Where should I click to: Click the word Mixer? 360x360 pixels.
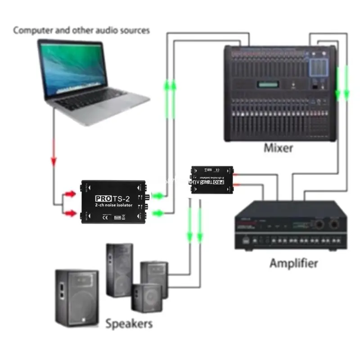(279, 148)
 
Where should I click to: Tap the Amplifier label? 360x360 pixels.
(293, 263)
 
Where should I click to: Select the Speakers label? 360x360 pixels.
(129, 323)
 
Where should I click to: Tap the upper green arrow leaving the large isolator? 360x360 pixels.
(158, 196)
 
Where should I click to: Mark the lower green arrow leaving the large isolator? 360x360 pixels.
(158, 213)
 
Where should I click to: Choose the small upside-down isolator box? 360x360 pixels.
(212, 179)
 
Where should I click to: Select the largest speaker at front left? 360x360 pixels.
(77, 297)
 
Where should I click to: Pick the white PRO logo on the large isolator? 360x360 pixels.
(103, 198)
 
